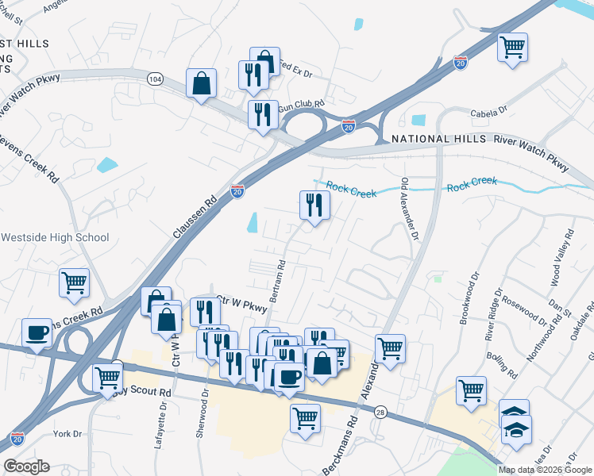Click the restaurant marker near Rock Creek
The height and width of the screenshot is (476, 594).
pos(314,205)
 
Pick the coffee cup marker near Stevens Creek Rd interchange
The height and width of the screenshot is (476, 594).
pos(37,333)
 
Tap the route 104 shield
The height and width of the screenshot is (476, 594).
pos(155,79)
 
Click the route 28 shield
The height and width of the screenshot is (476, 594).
pos(380,412)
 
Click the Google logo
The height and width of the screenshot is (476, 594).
pos(26,466)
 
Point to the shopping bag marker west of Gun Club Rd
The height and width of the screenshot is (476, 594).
pos(202,83)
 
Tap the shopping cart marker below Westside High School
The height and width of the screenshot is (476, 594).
pos(74,282)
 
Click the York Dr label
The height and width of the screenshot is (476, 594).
pos(67,434)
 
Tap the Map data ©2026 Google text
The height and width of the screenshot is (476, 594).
pos(545,469)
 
